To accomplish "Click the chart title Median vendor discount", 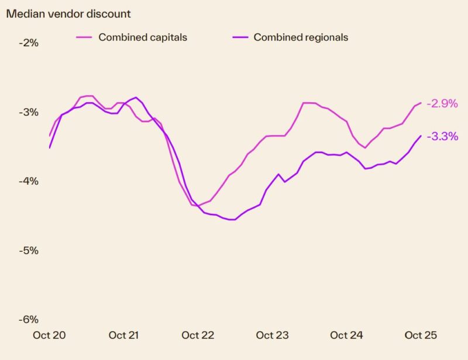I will pyautogui.click(x=68, y=13).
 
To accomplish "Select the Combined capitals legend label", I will pyautogui.click(x=143, y=37).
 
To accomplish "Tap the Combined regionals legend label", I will pyautogui.click(x=301, y=37).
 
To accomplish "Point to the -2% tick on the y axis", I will pyautogui.click(x=27, y=43).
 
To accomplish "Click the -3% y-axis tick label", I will pyautogui.click(x=27, y=112).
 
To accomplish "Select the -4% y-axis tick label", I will pyautogui.click(x=27, y=181).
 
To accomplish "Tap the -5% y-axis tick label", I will pyautogui.click(x=27, y=250).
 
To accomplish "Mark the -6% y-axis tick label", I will pyautogui.click(x=27, y=319).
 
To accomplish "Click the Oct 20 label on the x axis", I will pyautogui.click(x=49, y=335).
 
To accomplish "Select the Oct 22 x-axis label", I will pyautogui.click(x=198, y=335).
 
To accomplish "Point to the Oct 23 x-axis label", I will pyautogui.click(x=273, y=335).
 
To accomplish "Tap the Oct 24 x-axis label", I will pyautogui.click(x=347, y=335).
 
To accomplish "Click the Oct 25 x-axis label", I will pyautogui.click(x=421, y=335).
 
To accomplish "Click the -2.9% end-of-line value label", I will pyautogui.click(x=442, y=103).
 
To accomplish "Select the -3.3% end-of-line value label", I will pyautogui.click(x=442, y=137).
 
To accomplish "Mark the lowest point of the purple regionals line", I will pyautogui.click(x=232, y=220).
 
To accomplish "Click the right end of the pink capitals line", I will pyautogui.click(x=421, y=103).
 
